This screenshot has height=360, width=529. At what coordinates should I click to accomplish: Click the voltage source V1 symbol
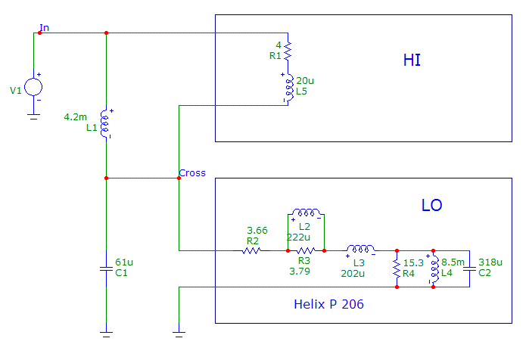[33, 87]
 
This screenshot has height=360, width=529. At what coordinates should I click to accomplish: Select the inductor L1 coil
[106, 123]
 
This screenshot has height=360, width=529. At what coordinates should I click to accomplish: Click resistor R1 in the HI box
[288, 50]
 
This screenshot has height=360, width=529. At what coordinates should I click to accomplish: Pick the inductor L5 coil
[288, 88]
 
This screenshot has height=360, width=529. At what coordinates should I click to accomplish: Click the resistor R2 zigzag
[253, 250]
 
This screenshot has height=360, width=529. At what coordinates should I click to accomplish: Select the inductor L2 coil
[307, 214]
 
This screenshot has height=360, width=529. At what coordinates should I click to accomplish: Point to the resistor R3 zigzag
[305, 250]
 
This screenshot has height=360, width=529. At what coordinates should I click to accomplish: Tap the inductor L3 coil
[360, 250]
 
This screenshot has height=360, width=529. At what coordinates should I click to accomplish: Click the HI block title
[412, 60]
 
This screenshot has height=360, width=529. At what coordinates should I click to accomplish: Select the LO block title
[431, 205]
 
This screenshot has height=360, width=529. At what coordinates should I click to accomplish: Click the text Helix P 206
[328, 305]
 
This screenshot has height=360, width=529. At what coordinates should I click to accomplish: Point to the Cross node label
[192, 173]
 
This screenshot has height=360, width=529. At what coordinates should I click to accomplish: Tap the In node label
[45, 28]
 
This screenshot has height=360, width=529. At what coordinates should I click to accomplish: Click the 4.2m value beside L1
[76, 117]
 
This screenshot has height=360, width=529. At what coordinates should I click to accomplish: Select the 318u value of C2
[490, 262]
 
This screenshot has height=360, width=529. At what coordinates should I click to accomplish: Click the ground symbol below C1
[106, 331]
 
